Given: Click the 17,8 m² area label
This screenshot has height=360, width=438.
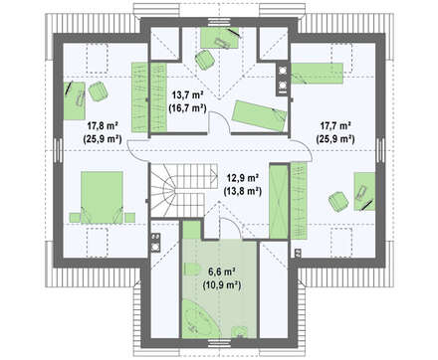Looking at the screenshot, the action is tap(104, 126).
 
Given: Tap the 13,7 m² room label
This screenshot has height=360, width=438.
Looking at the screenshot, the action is tap(188, 95).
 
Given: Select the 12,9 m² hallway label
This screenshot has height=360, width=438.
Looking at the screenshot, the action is tap(243, 178).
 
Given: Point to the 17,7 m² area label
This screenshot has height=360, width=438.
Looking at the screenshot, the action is tap(335, 126).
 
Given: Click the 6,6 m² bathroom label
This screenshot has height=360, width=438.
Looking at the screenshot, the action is tap(222, 272).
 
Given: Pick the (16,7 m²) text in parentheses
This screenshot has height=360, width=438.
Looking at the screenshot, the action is tap(188, 108).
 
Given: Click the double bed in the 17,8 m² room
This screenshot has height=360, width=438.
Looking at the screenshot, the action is tap(102, 198).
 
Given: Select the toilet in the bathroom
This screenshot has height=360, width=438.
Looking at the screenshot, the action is tap(191, 270).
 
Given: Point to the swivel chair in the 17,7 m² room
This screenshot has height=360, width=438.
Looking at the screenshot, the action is tap(338, 201).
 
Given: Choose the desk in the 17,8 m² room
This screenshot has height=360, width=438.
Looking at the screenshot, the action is tap(75, 101).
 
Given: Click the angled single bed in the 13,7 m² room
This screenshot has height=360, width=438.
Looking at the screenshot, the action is tap(259, 116).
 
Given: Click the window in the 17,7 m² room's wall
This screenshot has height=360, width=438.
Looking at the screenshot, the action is tap(381, 150).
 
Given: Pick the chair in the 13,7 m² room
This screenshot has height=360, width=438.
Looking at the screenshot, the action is tap(205, 60).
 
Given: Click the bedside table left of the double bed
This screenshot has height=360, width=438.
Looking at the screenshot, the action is tap(75, 218).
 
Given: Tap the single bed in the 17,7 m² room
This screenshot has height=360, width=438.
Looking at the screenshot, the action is tap(318, 74).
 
